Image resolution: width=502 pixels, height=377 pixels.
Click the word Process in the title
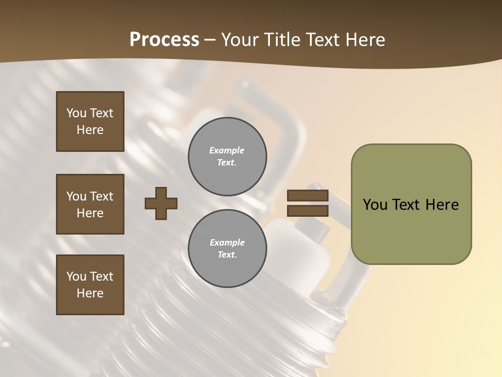(x=164, y=40)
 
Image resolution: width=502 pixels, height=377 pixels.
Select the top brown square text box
(x=90, y=121)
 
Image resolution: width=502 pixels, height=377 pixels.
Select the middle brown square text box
(x=90, y=204)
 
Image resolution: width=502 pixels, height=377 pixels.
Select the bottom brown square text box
(x=90, y=285)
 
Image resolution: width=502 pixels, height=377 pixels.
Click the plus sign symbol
(x=161, y=204)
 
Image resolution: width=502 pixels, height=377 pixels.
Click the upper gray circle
(x=227, y=157)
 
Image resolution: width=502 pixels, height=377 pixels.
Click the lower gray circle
(x=227, y=249)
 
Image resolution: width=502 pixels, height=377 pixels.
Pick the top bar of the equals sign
(x=307, y=196)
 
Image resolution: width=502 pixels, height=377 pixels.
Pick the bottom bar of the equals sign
(x=307, y=211)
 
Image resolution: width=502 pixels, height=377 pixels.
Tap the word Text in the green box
(x=407, y=205)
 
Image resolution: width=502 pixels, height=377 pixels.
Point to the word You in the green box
(x=375, y=205)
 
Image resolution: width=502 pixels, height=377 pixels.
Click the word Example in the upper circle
(x=227, y=150)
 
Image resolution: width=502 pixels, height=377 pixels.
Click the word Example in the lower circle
(x=227, y=242)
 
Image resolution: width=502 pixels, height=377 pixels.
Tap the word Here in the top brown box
(x=90, y=130)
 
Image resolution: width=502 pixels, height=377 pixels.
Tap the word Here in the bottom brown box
(x=90, y=293)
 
